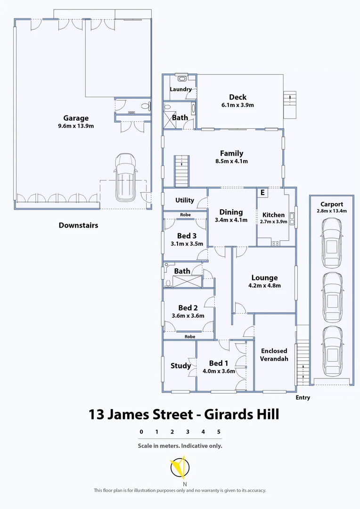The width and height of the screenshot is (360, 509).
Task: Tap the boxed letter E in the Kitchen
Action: pyautogui.click(x=262, y=192)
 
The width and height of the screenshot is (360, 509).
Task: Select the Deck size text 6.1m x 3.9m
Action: pyautogui.click(x=238, y=105)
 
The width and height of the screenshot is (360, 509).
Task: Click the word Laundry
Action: pyautogui.click(x=181, y=89)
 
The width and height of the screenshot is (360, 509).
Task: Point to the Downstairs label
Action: pyautogui.click(x=78, y=225)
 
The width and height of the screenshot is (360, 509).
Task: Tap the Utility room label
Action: pyautogui.click(x=185, y=200)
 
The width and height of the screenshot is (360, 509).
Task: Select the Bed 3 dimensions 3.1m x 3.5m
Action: pyautogui.click(x=187, y=244)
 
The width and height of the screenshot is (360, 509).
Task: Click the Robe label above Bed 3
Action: pyautogui.click(x=185, y=215)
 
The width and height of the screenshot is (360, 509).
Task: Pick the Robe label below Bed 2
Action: pyautogui.click(x=189, y=337)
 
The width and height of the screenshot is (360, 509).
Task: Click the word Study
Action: pyautogui.click(x=180, y=366)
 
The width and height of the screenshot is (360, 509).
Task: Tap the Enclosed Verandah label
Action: pyautogui.click(x=274, y=354)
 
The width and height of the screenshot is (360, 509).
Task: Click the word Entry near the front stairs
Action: pyautogui.click(x=303, y=398)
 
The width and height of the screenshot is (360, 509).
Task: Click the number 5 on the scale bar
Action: pyautogui.click(x=219, y=431)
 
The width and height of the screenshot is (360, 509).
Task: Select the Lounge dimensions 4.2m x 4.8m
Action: pyautogui.click(x=264, y=285)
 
